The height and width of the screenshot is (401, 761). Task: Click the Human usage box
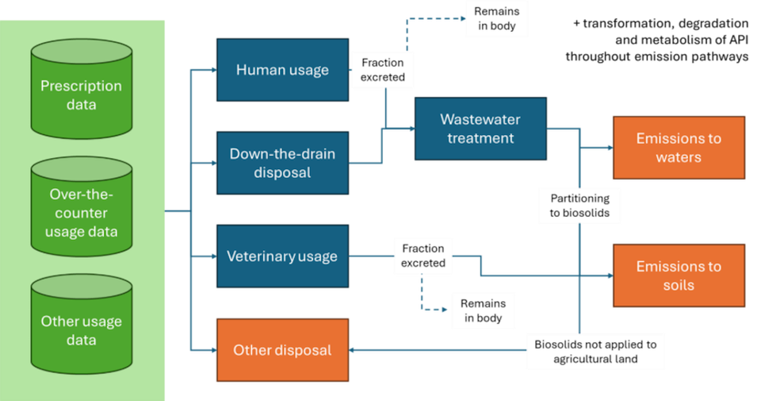(282, 70)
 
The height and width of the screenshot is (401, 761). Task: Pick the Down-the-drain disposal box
(282, 163)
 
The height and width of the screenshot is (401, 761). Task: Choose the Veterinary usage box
(282, 256)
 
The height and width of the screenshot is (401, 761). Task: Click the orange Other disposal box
(282, 350)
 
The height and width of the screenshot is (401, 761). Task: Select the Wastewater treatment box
(480, 129)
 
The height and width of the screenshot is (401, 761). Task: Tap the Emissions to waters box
(679, 148)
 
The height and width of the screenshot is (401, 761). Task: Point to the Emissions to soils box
(679, 276)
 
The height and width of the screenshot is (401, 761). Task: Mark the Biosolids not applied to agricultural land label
(595, 352)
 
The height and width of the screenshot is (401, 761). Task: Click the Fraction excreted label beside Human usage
(383, 70)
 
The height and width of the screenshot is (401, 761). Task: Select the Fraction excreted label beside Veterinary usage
(423, 256)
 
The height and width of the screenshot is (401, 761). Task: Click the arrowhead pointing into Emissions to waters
(608, 148)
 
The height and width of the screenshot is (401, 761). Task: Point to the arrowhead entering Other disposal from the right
(354, 350)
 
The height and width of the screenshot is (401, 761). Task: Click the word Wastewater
(480, 120)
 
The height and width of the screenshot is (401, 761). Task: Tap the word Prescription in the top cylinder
(81, 86)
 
